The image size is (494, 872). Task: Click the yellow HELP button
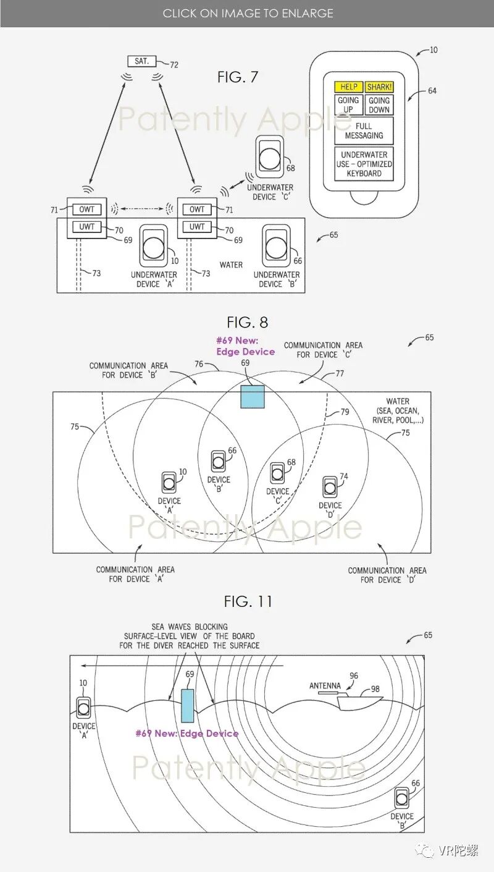pyautogui.click(x=349, y=87)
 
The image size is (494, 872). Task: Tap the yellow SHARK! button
pyautogui.click(x=379, y=87)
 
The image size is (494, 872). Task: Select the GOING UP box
pyautogui.click(x=349, y=104)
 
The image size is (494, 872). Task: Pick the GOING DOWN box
pyautogui.click(x=379, y=104)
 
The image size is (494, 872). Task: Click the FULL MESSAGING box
pyautogui.click(x=364, y=130)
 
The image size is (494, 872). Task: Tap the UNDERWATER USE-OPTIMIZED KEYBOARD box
pyautogui.click(x=364, y=164)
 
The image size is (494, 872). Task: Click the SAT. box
pyautogui.click(x=141, y=61)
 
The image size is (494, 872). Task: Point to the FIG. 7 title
pyautogui.click(x=238, y=77)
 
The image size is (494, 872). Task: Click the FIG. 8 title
pyautogui.click(x=247, y=322)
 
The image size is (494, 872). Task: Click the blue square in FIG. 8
pyautogui.click(x=252, y=397)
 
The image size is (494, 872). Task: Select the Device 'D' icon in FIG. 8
pyautogui.click(x=330, y=488)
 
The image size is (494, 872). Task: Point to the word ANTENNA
pyautogui.click(x=325, y=685)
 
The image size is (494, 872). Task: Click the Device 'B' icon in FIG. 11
pyautogui.click(x=402, y=798)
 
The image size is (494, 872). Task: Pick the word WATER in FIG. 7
pyautogui.click(x=231, y=265)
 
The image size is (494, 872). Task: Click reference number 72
pyautogui.click(x=174, y=64)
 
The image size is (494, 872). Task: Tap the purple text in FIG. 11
pyautogui.click(x=187, y=734)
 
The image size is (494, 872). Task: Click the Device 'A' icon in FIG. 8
pyautogui.click(x=168, y=483)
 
